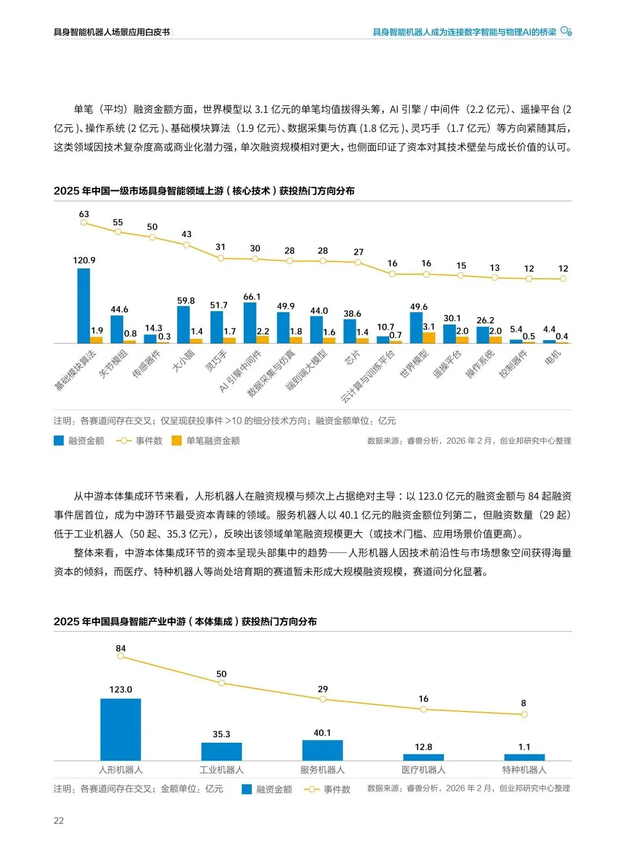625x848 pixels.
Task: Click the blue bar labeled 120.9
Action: [x=83, y=305]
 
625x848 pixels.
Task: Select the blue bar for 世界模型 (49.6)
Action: [x=416, y=327]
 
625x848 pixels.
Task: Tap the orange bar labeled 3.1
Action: [x=429, y=338]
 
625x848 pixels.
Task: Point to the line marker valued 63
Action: [x=84, y=222]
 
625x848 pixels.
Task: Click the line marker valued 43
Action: [x=186, y=245]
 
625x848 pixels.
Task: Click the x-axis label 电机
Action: [x=553, y=358]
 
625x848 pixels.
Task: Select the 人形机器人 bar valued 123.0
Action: [x=120, y=729]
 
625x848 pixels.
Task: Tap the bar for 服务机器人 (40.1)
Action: [x=322, y=750]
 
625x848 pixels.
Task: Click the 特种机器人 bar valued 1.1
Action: [x=524, y=757]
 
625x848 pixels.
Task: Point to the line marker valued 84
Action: [x=120, y=657]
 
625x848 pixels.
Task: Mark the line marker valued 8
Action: [x=524, y=714]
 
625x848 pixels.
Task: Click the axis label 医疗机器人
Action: [x=424, y=770]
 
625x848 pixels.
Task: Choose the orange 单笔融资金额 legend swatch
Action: [x=177, y=441]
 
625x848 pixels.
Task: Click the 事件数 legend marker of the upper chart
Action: [x=124, y=441]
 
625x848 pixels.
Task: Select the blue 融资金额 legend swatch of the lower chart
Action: [x=247, y=789]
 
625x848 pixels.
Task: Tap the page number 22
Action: [x=58, y=820]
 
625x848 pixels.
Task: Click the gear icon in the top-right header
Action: [x=566, y=31]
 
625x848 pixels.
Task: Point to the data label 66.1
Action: [x=252, y=297]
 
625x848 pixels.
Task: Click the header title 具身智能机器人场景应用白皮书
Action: [x=112, y=32]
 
